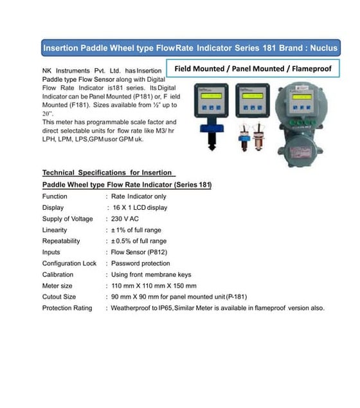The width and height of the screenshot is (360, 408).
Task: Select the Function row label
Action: [55, 196]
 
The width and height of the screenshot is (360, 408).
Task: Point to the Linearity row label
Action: [55, 230]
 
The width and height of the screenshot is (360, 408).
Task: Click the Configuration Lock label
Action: [69, 263]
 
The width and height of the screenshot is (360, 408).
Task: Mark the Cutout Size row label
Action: [59, 297]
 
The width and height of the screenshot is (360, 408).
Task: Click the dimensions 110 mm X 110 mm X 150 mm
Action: [154, 286]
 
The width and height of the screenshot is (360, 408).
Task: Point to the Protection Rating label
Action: [67, 308]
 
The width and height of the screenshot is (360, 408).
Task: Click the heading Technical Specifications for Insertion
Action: [107, 172]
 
